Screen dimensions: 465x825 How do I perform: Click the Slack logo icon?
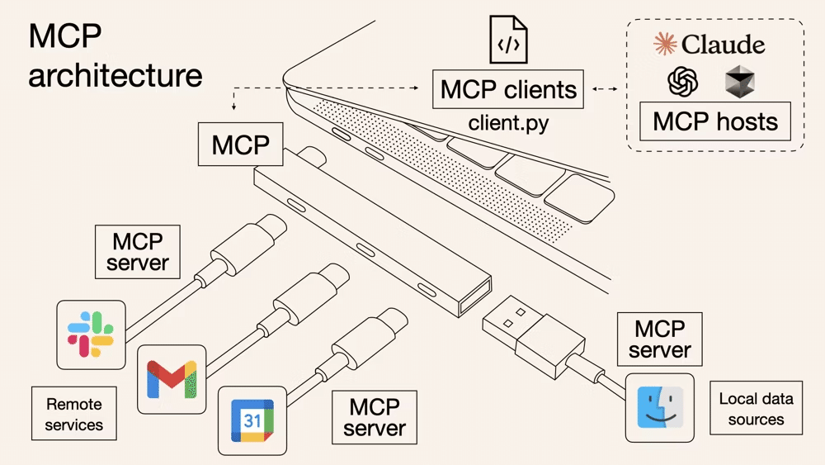coord(90,335)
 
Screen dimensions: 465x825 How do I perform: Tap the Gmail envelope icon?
coord(172,379)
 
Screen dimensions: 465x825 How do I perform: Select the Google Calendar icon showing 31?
coord(252,420)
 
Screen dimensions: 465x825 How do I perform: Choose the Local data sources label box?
coord(756,409)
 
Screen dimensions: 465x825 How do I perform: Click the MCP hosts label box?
coord(715,122)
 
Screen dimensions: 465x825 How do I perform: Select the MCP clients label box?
coord(508,89)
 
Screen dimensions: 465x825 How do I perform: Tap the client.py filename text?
coord(508,123)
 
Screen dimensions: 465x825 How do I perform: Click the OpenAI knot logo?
coord(683,81)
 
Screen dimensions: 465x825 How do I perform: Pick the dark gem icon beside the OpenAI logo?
coord(740,81)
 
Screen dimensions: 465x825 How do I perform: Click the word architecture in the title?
coord(115,75)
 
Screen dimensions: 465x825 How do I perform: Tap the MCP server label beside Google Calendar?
coord(375,417)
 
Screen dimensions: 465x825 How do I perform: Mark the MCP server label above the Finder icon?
coord(659,339)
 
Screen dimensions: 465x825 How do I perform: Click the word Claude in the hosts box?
coord(724,44)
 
